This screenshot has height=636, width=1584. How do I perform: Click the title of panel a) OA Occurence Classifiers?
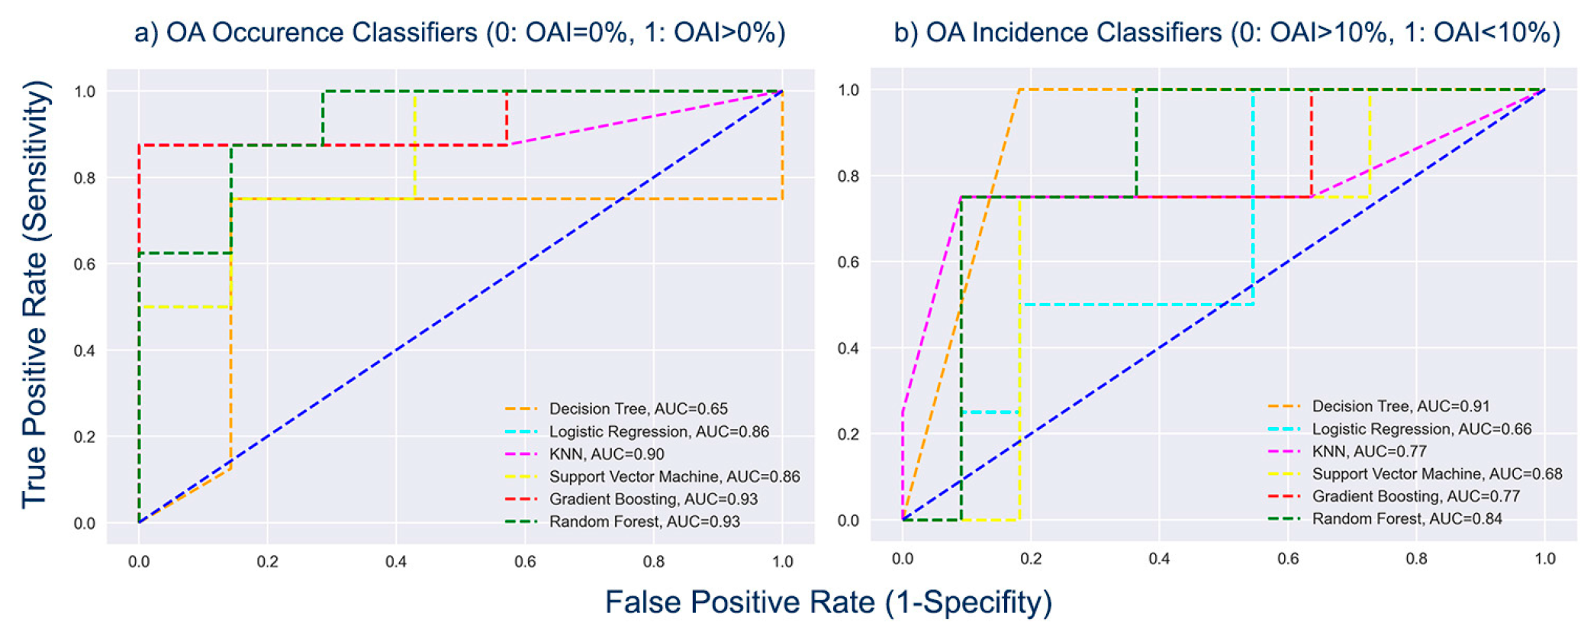click(x=459, y=33)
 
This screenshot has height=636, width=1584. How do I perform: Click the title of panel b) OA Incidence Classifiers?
click(x=1227, y=33)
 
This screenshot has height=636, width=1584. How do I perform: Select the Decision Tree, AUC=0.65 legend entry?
click(x=638, y=409)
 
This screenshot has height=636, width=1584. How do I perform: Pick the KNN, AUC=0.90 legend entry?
click(x=607, y=454)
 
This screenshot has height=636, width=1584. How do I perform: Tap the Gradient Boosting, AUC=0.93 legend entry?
click(x=653, y=499)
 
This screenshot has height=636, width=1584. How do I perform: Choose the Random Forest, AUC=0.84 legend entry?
click(x=1406, y=519)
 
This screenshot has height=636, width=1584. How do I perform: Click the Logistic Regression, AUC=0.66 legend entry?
click(x=1421, y=429)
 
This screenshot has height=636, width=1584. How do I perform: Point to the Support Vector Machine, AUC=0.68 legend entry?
click(x=1436, y=474)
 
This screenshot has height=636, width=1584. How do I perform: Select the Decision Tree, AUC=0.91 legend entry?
click(x=1400, y=406)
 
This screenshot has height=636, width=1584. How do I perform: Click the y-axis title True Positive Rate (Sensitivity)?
click(x=34, y=294)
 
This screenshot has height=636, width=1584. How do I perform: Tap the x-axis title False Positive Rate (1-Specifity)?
click(x=828, y=602)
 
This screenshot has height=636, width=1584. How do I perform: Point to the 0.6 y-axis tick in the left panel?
click(x=84, y=264)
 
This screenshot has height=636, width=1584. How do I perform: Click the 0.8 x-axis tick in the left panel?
click(x=654, y=562)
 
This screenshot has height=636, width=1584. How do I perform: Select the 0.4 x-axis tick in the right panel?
click(x=1159, y=559)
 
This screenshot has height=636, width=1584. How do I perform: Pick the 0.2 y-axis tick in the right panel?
click(x=848, y=434)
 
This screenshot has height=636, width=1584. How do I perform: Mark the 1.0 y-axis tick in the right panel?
click(x=848, y=90)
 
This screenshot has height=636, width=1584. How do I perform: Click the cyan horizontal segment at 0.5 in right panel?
click(x=1137, y=305)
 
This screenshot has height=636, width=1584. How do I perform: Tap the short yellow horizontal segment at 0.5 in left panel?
click(x=185, y=307)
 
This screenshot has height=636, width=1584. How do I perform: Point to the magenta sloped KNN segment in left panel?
click(x=645, y=118)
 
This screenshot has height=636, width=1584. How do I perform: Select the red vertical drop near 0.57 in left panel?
click(x=507, y=118)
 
